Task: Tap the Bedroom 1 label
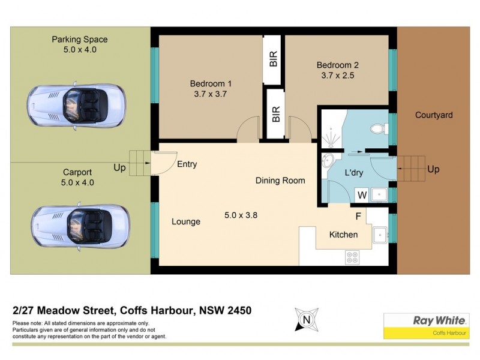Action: [x=211, y=83]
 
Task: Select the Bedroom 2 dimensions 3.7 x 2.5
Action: [x=337, y=76]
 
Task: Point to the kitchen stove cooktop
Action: [x=352, y=257]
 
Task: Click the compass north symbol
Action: [x=306, y=319]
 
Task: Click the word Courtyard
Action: [x=433, y=115]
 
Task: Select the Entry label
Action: [x=187, y=164]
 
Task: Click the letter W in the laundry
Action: [x=362, y=194]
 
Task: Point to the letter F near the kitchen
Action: [x=358, y=216]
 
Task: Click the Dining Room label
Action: [x=280, y=180]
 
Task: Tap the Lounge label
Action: [x=185, y=221]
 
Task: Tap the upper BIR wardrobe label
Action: [x=273, y=59]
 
